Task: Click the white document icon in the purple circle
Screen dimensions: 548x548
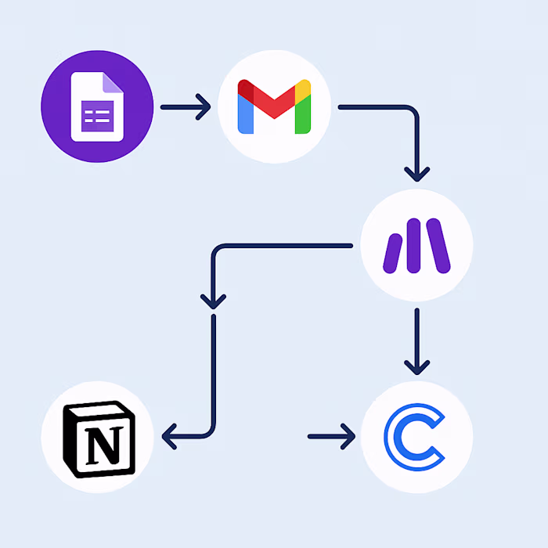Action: (98, 106)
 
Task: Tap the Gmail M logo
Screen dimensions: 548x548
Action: (274, 106)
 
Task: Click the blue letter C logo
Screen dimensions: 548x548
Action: (415, 437)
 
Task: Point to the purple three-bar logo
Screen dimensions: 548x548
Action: (416, 245)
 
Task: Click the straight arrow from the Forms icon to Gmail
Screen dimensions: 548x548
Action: (185, 106)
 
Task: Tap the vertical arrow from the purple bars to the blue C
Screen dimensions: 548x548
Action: (416, 341)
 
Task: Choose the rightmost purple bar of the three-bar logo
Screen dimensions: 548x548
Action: (439, 245)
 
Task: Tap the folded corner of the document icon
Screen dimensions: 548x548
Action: (115, 81)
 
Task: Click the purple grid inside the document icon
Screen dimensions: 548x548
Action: (96, 118)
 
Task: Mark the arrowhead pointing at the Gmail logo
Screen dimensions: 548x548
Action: (204, 106)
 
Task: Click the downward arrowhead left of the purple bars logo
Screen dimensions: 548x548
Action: (213, 300)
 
